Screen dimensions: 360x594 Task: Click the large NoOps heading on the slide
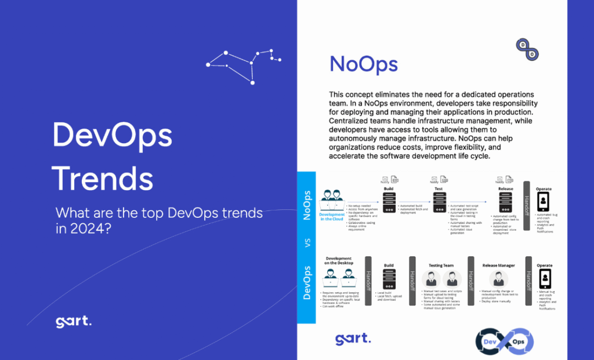[x=364, y=64]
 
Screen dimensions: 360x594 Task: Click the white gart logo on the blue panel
[x=73, y=322]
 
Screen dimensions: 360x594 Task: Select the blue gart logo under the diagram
[x=353, y=339]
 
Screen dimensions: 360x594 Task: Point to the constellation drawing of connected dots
[x=244, y=63]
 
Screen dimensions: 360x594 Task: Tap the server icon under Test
[x=439, y=201]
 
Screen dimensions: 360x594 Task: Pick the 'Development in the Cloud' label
[x=332, y=216]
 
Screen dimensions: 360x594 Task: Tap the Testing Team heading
[x=441, y=266]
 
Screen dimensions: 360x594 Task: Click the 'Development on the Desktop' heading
[x=339, y=260]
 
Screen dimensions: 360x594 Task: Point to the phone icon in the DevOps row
[x=544, y=280]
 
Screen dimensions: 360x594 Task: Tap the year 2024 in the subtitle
[x=86, y=228]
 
